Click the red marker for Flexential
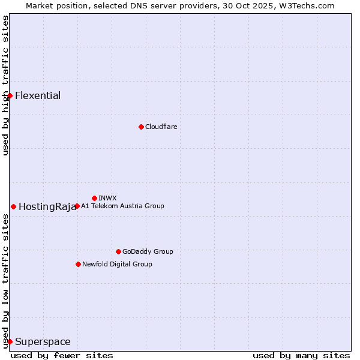tap(10, 95)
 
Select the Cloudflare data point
tap(141, 127)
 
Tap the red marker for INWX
tap(94, 198)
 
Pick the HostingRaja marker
tap(13, 206)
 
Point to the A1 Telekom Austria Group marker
tap(77, 206)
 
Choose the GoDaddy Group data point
tap(118, 251)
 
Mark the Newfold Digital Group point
tap(78, 264)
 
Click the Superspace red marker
tap(10, 341)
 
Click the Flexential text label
tap(38, 95)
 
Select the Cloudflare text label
tap(161, 127)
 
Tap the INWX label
tap(107, 198)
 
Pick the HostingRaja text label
tap(47, 206)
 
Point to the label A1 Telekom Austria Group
tap(122, 206)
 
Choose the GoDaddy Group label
tap(148, 251)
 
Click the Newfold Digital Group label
tap(117, 264)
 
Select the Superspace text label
tap(43, 341)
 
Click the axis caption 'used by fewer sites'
tap(62, 355)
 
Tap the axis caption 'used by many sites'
tap(301, 355)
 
